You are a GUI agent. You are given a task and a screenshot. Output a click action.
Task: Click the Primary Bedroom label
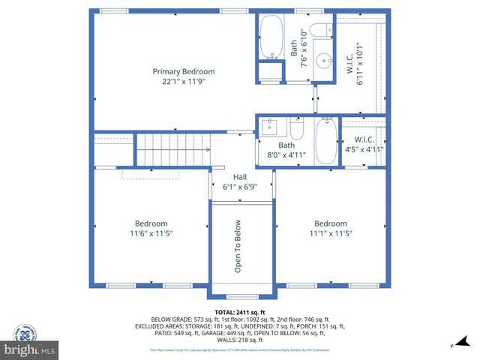[x=178, y=72]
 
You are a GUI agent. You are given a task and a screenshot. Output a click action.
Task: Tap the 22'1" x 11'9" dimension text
[x=178, y=82]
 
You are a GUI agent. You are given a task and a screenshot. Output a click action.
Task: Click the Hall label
[x=239, y=177]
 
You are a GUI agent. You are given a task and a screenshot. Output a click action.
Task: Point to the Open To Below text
[x=238, y=246]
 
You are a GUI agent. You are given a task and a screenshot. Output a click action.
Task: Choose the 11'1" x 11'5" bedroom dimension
[x=331, y=234]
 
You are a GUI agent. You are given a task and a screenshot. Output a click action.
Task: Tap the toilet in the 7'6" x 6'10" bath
[x=319, y=31]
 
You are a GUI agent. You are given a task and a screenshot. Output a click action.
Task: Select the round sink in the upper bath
[x=322, y=61]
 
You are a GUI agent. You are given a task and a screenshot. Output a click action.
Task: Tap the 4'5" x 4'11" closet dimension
[x=364, y=149]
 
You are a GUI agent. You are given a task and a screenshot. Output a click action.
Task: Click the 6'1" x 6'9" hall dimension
[x=239, y=187]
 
